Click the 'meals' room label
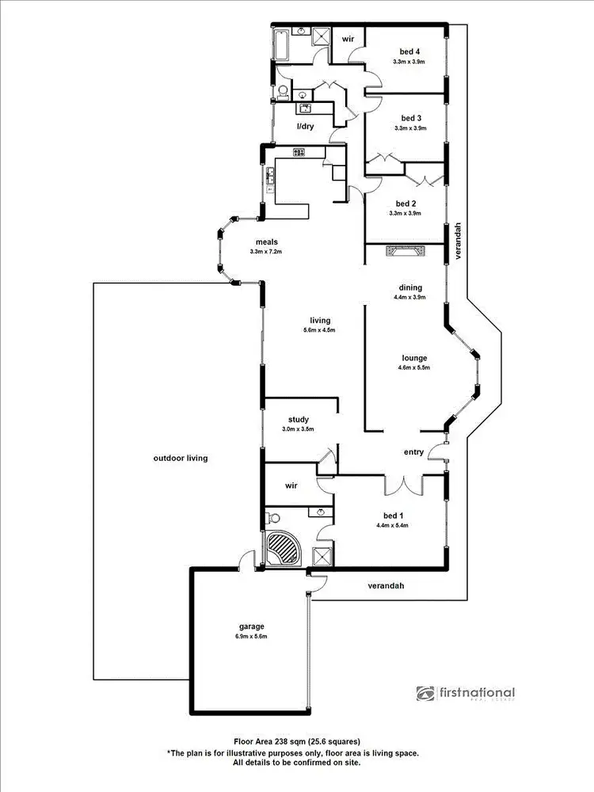pyautogui.click(x=265, y=242)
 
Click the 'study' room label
pyautogui.click(x=298, y=420)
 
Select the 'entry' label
pyautogui.click(x=414, y=453)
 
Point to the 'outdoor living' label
pyautogui.click(x=181, y=458)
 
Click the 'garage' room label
pyautogui.click(x=249, y=626)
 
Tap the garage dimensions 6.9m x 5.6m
pyautogui.click(x=249, y=636)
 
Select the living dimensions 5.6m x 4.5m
pyautogui.click(x=320, y=330)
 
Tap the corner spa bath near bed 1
pyautogui.click(x=283, y=547)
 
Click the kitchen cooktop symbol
pyautogui.click(x=300, y=152)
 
